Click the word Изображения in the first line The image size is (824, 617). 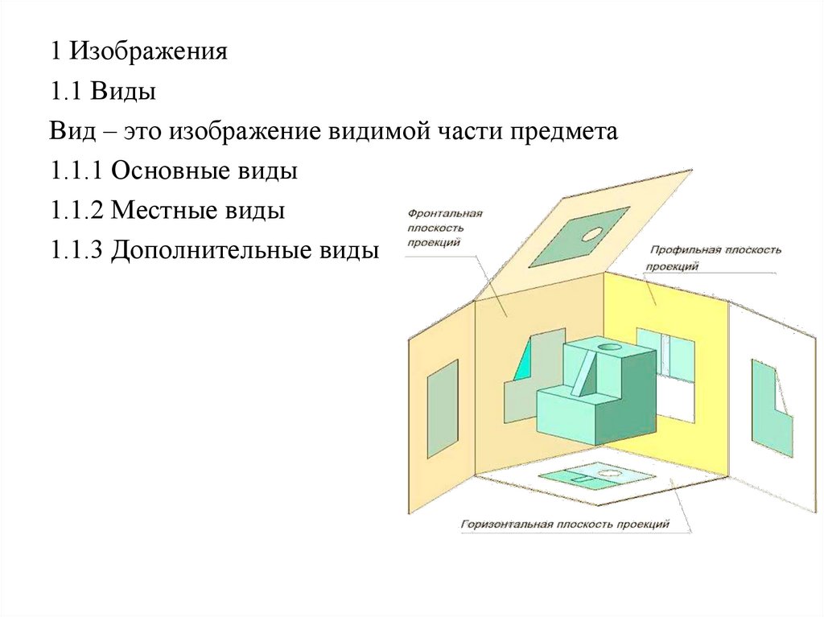(x=149, y=54)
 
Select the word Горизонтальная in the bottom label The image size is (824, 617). (x=505, y=524)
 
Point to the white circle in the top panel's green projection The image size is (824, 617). (x=594, y=234)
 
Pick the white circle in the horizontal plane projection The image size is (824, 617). (x=610, y=474)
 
